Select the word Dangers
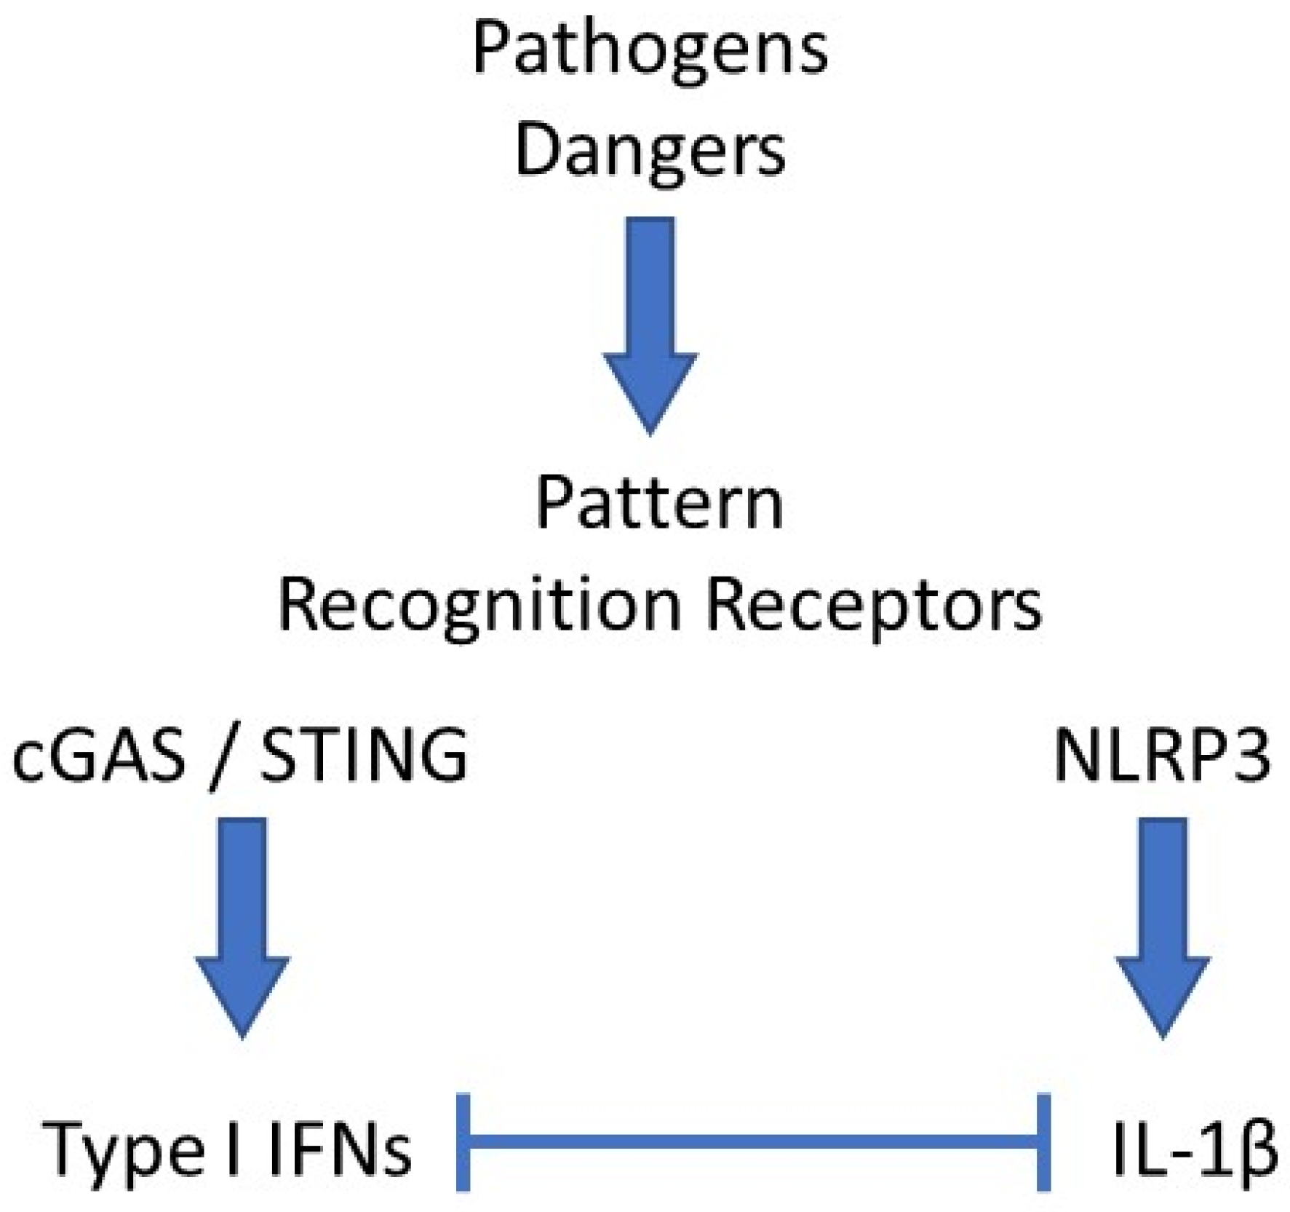[650, 151]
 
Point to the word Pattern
[659, 504]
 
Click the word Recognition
[479, 606]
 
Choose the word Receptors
[874, 606]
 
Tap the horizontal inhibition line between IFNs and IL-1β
[753, 1141]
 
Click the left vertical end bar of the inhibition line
[463, 1141]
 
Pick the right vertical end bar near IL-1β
[1043, 1141]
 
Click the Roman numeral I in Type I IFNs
[233, 1149]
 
